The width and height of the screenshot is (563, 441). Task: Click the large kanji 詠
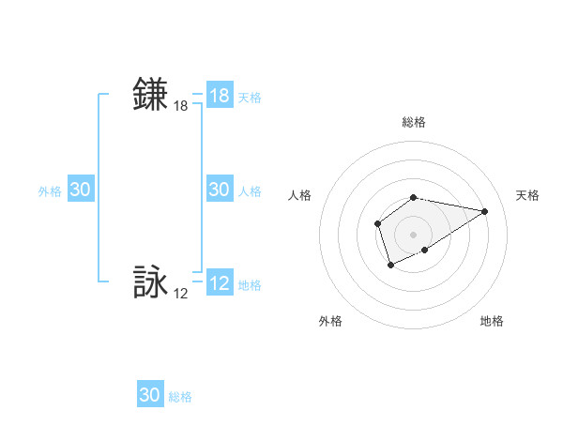tap(151, 282)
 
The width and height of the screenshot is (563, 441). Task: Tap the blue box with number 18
tap(220, 96)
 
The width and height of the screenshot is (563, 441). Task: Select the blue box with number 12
tap(220, 284)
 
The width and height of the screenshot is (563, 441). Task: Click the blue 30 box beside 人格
tap(220, 190)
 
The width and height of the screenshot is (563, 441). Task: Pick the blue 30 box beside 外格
tap(81, 190)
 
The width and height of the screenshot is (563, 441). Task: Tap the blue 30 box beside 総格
tap(150, 395)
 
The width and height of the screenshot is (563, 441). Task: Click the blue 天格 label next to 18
tap(250, 97)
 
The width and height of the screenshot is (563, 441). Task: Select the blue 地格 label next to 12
tap(250, 285)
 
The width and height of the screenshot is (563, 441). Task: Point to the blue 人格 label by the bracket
tap(250, 190)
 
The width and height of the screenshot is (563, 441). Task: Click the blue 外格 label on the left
tap(50, 190)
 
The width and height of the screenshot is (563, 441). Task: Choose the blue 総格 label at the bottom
tap(180, 397)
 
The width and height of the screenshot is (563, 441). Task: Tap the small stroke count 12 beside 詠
tap(181, 294)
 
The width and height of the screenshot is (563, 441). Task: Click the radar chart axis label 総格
tap(414, 122)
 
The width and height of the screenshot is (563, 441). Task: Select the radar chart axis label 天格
tap(527, 195)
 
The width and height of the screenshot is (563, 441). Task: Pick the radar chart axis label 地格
tap(492, 321)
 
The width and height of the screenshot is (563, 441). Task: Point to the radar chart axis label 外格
tap(330, 321)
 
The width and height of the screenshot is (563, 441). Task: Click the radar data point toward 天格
tap(485, 210)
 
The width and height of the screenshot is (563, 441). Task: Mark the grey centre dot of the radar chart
tap(414, 234)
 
